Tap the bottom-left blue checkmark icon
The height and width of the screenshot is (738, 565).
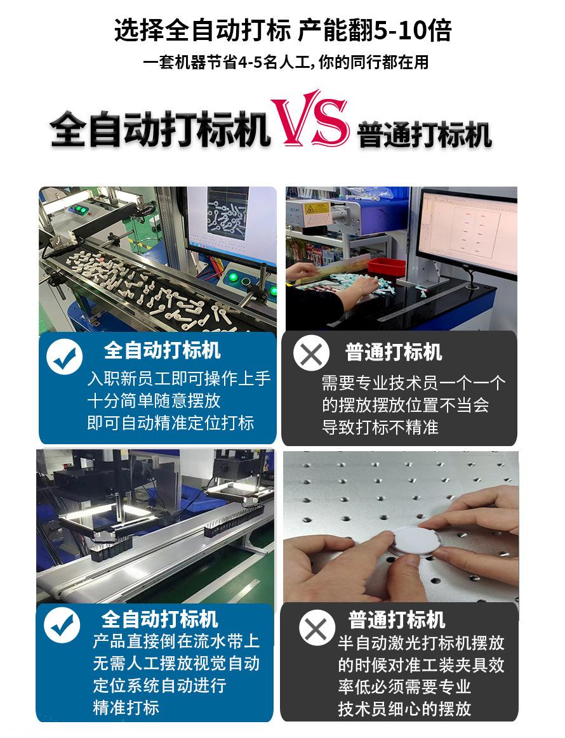coord(62,625)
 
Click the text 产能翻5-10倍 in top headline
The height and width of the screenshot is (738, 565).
coord(375,30)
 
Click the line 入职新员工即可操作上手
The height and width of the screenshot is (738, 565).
coord(178,379)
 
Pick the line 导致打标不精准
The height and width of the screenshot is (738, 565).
coord(380,427)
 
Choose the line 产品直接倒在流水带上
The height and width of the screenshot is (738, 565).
coord(176,641)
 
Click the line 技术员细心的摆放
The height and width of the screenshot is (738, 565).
coord(404,709)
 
